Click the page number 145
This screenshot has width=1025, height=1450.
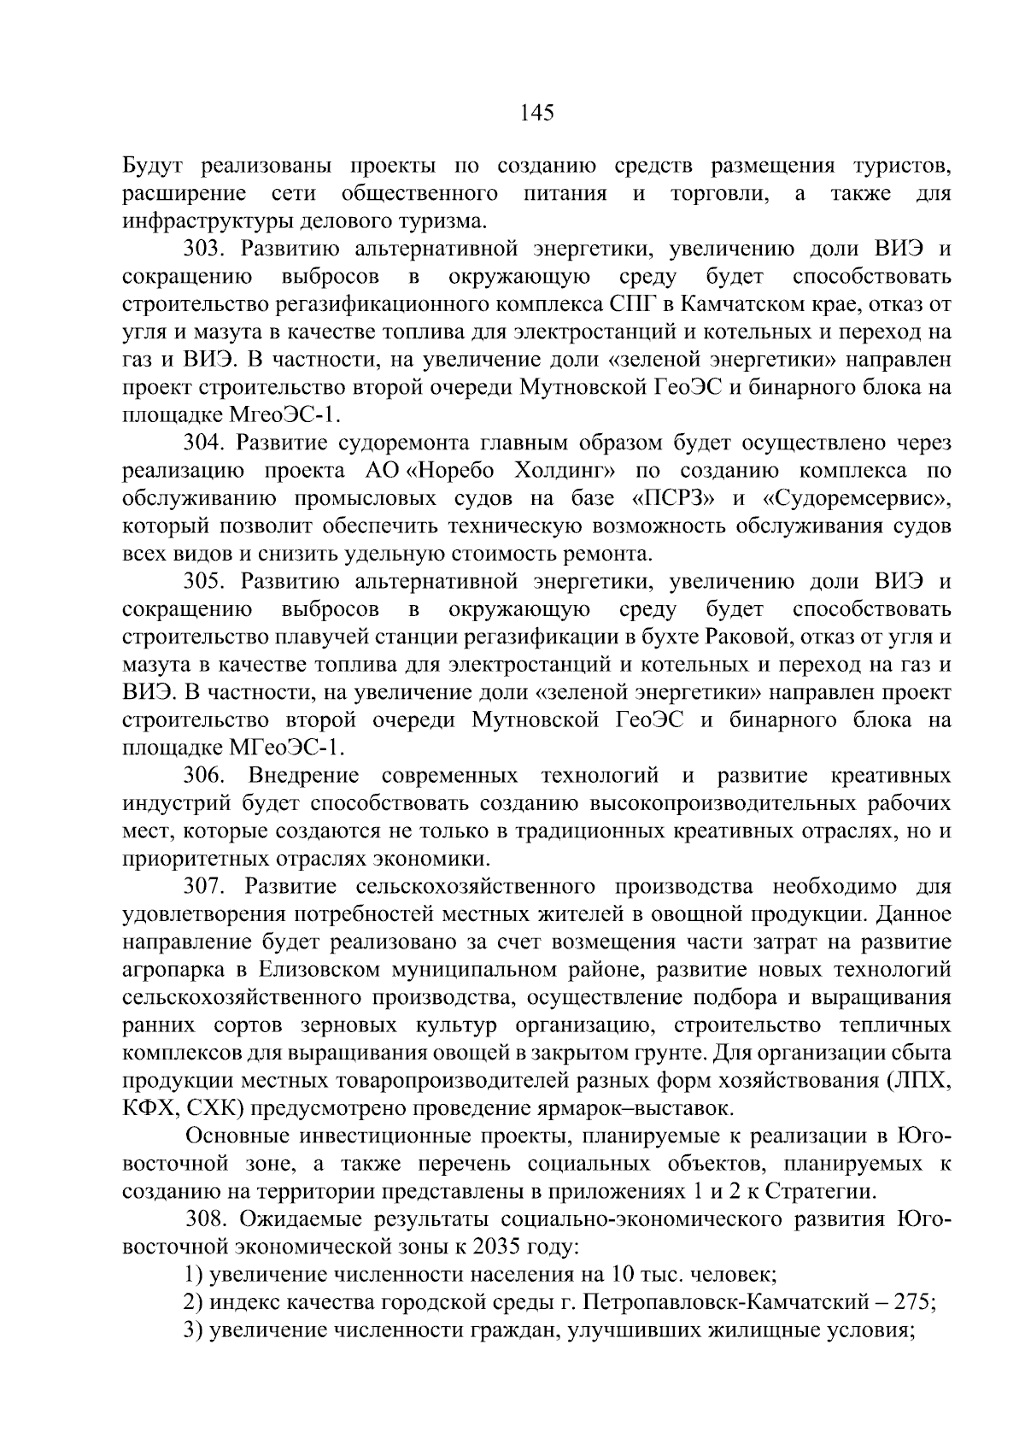pos(537,113)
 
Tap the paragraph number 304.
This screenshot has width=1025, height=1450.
pos(205,443)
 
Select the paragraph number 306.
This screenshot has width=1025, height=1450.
pos(205,776)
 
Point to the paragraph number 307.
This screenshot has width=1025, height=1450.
pos(205,886)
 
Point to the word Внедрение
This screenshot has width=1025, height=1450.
pos(303,776)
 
